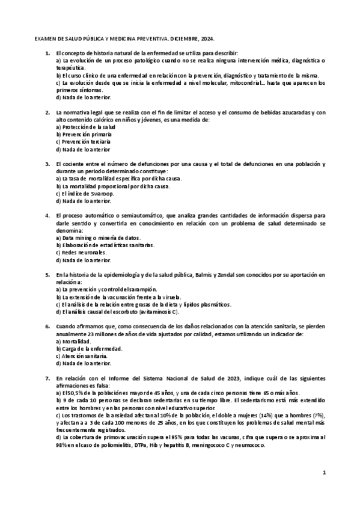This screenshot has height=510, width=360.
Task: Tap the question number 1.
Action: pyautogui.click(x=47, y=54)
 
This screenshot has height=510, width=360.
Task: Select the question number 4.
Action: pyautogui.click(x=47, y=215)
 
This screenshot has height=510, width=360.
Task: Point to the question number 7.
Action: pyautogui.click(x=47, y=378)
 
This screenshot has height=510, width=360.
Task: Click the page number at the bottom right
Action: pyautogui.click(x=323, y=473)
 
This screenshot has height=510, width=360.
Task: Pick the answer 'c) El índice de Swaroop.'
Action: pyautogui.click(x=85, y=194)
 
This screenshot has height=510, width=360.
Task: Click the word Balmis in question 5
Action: pyautogui.click(x=204, y=274)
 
